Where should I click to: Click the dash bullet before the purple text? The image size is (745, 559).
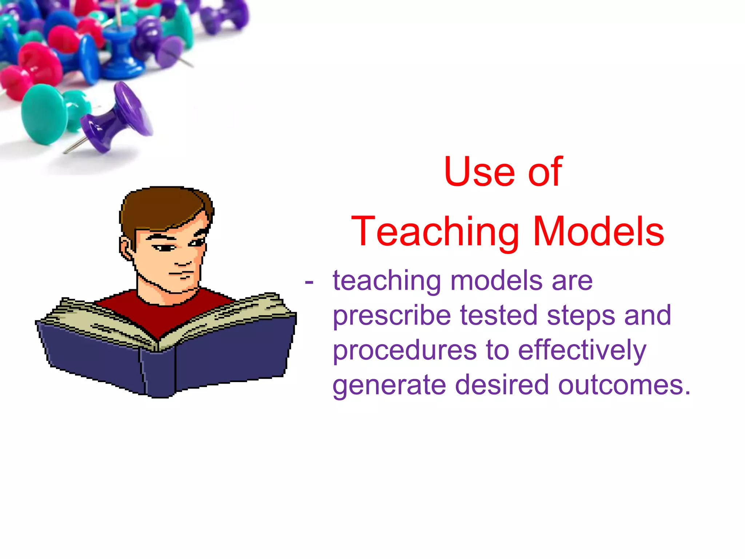[x=309, y=282]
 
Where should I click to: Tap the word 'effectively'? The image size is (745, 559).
[x=582, y=350]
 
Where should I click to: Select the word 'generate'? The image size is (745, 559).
[x=389, y=385]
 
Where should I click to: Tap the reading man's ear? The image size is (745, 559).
[x=126, y=249]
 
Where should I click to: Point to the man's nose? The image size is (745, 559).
[x=182, y=261]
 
